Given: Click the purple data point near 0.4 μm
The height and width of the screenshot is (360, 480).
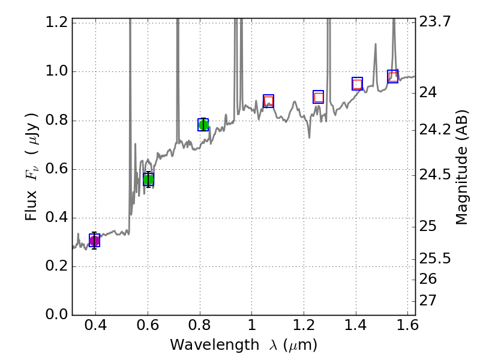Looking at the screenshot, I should [94, 241].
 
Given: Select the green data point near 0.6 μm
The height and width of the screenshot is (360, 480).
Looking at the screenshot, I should [148, 179].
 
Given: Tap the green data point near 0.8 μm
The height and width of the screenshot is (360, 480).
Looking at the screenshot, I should [203, 125].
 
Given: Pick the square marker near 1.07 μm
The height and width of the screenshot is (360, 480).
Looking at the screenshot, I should [268, 101].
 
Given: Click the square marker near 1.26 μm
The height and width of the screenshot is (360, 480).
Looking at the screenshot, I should [319, 97].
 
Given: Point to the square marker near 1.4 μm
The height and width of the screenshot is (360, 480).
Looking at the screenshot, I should [357, 84].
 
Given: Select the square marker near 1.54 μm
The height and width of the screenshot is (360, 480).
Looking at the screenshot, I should [393, 76].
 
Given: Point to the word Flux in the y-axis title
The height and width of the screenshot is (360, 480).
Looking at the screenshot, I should [31, 204].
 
